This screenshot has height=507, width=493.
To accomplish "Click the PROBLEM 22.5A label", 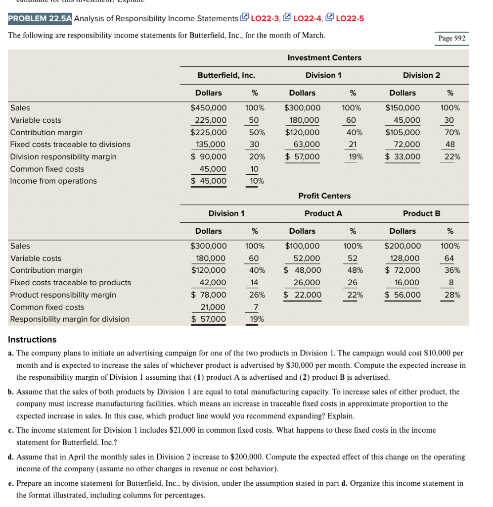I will point(40,18).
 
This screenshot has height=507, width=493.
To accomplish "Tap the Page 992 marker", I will point(452,39).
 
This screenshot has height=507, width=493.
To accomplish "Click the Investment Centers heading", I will point(324,58).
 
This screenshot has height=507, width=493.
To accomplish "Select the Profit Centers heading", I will point(324,196).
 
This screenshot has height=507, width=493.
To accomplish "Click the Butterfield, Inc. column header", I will point(226,75).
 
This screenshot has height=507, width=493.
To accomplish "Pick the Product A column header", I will point(323,213).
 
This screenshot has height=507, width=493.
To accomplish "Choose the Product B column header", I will point(421,213).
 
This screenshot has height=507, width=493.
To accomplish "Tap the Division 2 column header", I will point(421,75).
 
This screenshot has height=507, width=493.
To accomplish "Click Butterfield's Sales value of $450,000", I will point(209,108).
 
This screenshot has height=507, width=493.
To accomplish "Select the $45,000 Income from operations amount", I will point(209,181).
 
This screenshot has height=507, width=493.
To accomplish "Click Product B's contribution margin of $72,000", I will point(403,270).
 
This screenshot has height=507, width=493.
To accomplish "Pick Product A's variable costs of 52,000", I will point(307,258).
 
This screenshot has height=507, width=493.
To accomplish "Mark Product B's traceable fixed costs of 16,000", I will point(406,283).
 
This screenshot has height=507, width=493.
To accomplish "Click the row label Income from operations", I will point(53,181).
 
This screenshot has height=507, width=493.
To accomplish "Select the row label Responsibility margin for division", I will point(70,319).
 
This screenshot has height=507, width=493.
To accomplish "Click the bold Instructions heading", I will point(32,340).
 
